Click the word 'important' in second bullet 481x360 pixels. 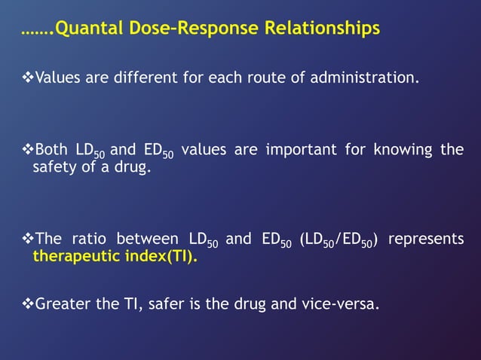[302, 150]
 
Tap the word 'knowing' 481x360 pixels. [400, 150]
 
